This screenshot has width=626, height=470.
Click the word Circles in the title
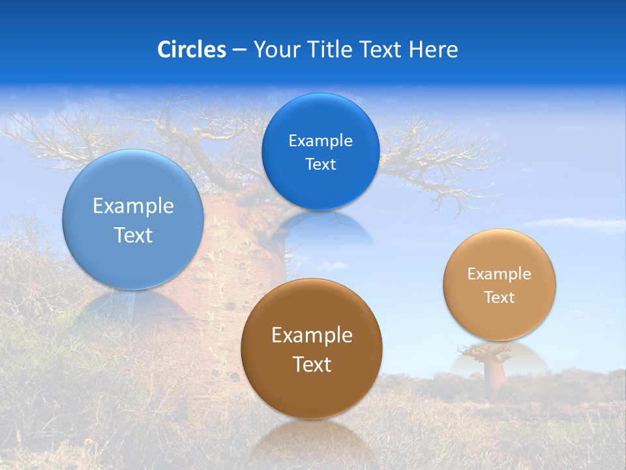(192, 50)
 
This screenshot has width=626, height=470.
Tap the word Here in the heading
(433, 50)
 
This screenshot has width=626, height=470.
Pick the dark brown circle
(312, 392)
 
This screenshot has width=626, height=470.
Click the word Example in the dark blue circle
(320, 141)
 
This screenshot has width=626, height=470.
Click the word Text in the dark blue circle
(320, 164)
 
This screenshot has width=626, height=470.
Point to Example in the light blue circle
(133, 206)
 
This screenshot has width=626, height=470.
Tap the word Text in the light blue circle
(133, 235)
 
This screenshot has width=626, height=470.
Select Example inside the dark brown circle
(312, 336)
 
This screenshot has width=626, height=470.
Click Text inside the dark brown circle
(312, 364)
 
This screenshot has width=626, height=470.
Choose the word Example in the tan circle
(499, 274)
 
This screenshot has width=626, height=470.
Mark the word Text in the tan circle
(499, 298)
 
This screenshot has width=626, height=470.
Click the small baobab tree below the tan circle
(494, 372)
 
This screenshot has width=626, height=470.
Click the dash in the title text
(239, 50)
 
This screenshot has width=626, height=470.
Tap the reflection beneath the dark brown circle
(312, 437)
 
